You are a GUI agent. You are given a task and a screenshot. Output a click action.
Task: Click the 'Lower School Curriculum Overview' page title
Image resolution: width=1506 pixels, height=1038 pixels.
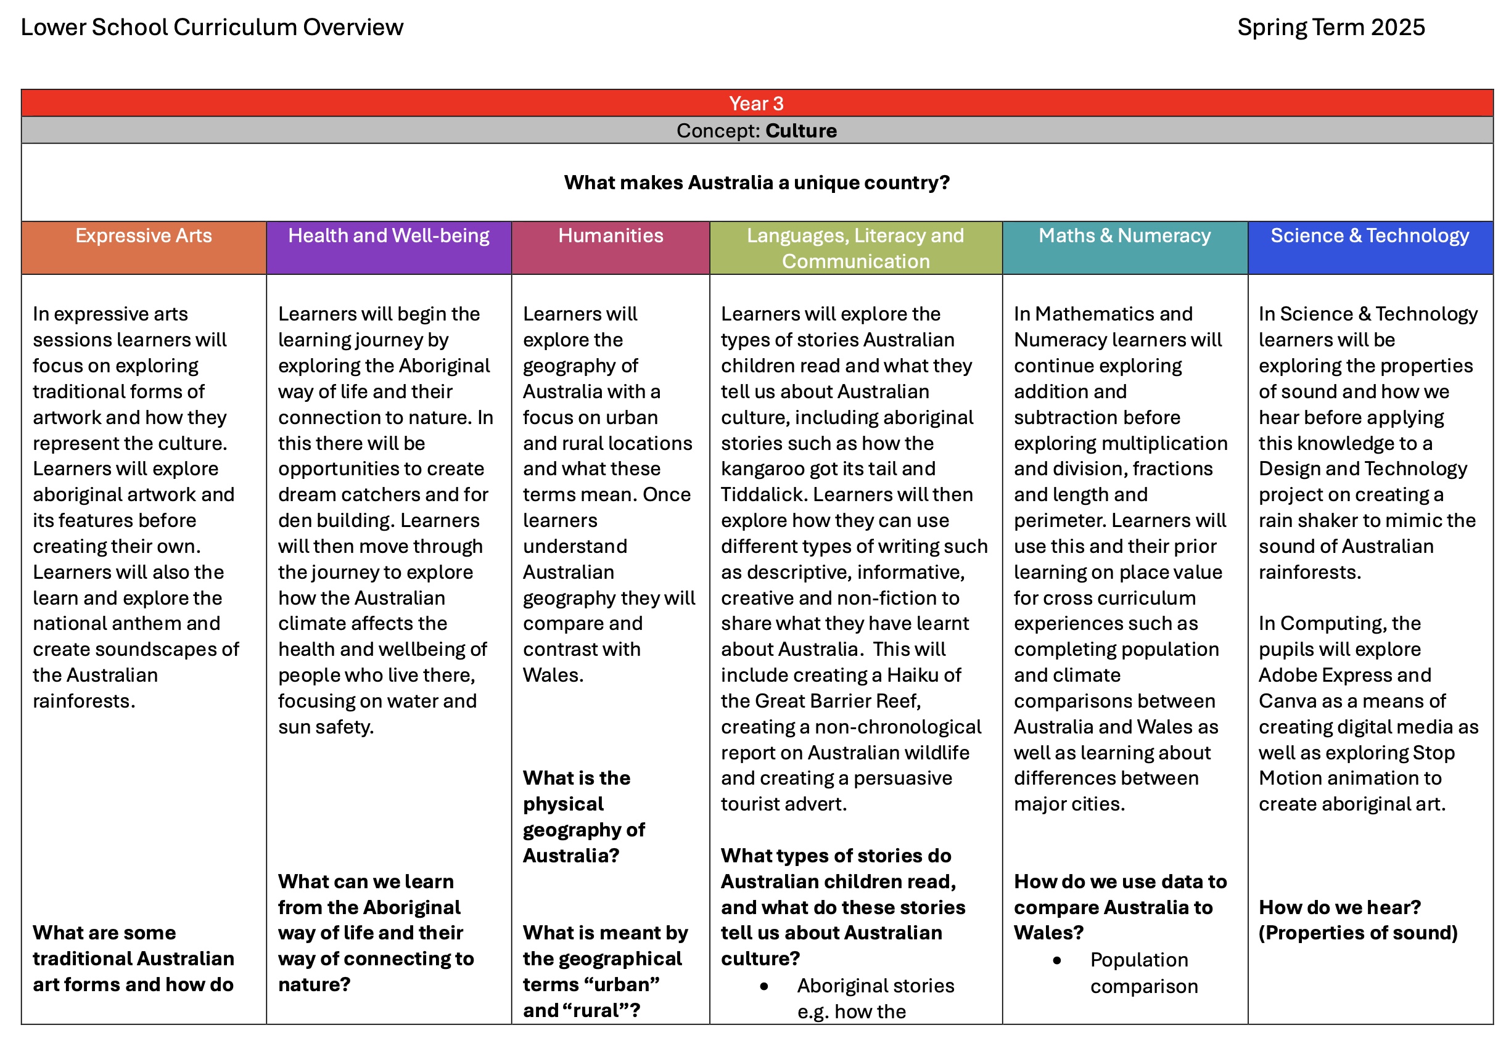click(212, 27)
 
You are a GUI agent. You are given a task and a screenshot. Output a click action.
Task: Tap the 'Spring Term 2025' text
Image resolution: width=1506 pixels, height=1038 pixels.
click(1330, 27)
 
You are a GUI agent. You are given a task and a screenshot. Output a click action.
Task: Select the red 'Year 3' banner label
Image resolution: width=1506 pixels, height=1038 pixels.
click(756, 104)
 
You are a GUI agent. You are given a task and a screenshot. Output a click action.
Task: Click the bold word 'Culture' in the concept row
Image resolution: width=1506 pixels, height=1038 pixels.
click(801, 131)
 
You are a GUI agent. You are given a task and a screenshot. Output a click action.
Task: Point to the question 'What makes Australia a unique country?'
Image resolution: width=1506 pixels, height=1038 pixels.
click(756, 182)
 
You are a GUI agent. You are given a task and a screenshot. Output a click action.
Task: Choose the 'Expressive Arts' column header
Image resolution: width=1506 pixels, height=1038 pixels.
click(143, 235)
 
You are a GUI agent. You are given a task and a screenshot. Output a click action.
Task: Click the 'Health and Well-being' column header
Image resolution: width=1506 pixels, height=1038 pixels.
click(389, 235)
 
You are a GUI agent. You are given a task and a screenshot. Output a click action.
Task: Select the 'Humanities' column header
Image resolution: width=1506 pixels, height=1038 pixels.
click(610, 235)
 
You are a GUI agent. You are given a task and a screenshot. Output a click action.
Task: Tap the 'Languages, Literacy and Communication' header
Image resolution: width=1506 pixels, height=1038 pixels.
click(855, 248)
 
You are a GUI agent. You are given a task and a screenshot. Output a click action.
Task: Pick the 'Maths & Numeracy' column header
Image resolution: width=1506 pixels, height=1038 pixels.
click(1124, 235)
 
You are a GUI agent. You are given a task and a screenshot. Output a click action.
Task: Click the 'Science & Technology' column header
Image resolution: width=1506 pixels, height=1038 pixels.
click(1369, 235)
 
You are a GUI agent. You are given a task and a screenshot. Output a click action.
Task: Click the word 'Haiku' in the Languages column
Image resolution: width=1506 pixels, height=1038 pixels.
click(915, 675)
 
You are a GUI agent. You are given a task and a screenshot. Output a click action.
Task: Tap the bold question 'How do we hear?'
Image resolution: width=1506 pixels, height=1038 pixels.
click(1339, 907)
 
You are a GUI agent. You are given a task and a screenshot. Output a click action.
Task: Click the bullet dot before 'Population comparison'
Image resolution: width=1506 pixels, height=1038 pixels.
click(1056, 960)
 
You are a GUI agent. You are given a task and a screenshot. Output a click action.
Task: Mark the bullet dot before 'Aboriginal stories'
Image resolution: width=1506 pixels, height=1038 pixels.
click(763, 986)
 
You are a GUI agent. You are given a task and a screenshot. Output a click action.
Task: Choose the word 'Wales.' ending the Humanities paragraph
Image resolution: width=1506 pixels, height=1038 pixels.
click(553, 675)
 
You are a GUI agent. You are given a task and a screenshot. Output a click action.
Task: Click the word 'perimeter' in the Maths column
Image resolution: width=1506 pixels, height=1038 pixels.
click(1060, 520)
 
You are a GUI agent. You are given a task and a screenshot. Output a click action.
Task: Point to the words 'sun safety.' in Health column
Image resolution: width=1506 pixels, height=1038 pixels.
click(325, 727)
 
